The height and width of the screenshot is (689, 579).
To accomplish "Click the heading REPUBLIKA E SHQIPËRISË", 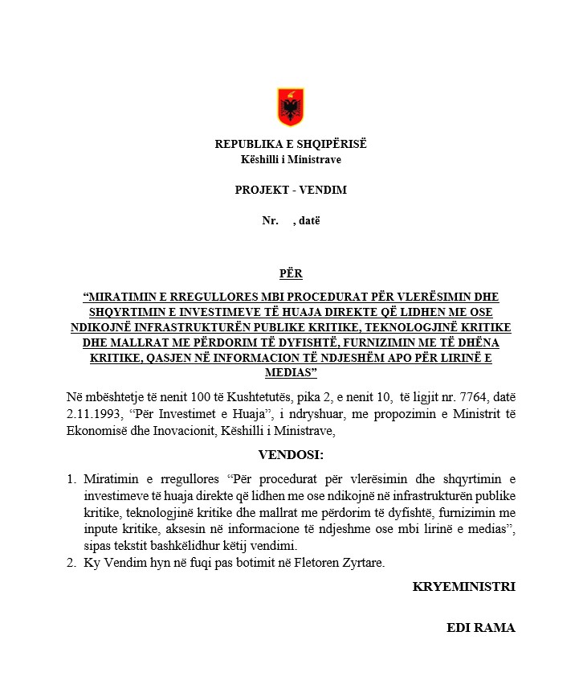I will tap(290, 145).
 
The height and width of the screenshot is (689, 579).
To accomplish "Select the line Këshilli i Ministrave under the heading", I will tap(290, 159).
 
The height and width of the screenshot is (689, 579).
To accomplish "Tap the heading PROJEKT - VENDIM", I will tap(291, 191).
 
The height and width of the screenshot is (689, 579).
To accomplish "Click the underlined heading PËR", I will tap(291, 273).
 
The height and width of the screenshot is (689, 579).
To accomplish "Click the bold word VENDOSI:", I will tap(290, 455).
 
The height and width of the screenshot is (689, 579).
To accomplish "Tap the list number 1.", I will tap(71, 480).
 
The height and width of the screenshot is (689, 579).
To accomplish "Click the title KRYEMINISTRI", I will tap(463, 587).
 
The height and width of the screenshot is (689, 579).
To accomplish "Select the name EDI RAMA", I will tap(480, 628).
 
